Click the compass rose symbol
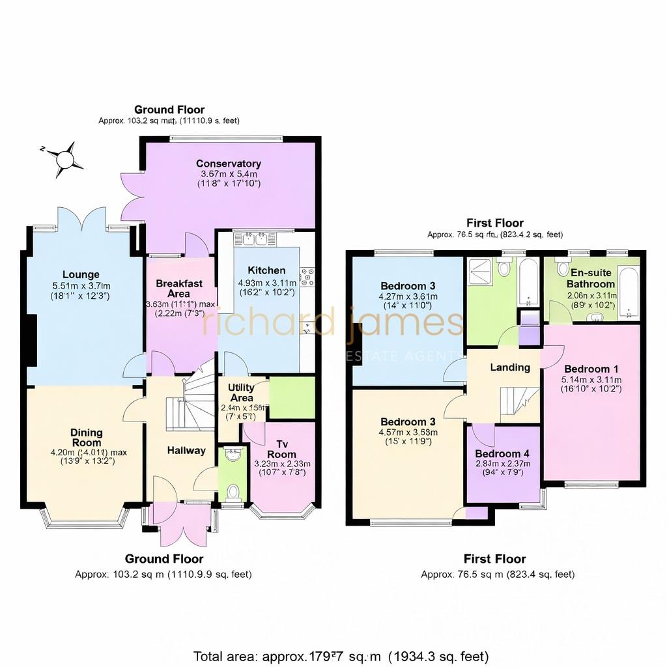click(x=64, y=159)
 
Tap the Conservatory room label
click(x=229, y=163)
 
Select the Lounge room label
click(x=81, y=274)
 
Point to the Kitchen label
click(x=266, y=270)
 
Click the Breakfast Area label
click(x=179, y=289)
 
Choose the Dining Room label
click(x=87, y=438)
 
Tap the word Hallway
click(x=186, y=450)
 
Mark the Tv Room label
click(x=281, y=448)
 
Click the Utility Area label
click(x=241, y=392)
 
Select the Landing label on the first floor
click(x=510, y=367)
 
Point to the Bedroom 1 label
click(x=591, y=368)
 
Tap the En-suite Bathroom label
click(x=590, y=279)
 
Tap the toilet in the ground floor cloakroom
click(x=232, y=489)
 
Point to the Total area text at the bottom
click(x=341, y=656)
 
